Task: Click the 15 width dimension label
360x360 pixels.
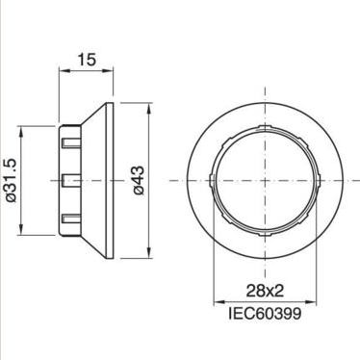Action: (x=87, y=60)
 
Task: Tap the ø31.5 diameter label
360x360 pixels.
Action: (x=11, y=181)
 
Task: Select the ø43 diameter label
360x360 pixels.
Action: (x=139, y=180)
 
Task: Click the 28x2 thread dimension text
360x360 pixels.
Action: (x=265, y=291)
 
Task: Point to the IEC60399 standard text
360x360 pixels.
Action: (x=265, y=313)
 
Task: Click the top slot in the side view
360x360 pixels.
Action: (x=70, y=142)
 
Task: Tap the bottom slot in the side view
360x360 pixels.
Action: (x=70, y=219)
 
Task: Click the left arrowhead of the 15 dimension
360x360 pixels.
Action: (x=63, y=71)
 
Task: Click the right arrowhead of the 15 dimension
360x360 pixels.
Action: (x=109, y=71)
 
